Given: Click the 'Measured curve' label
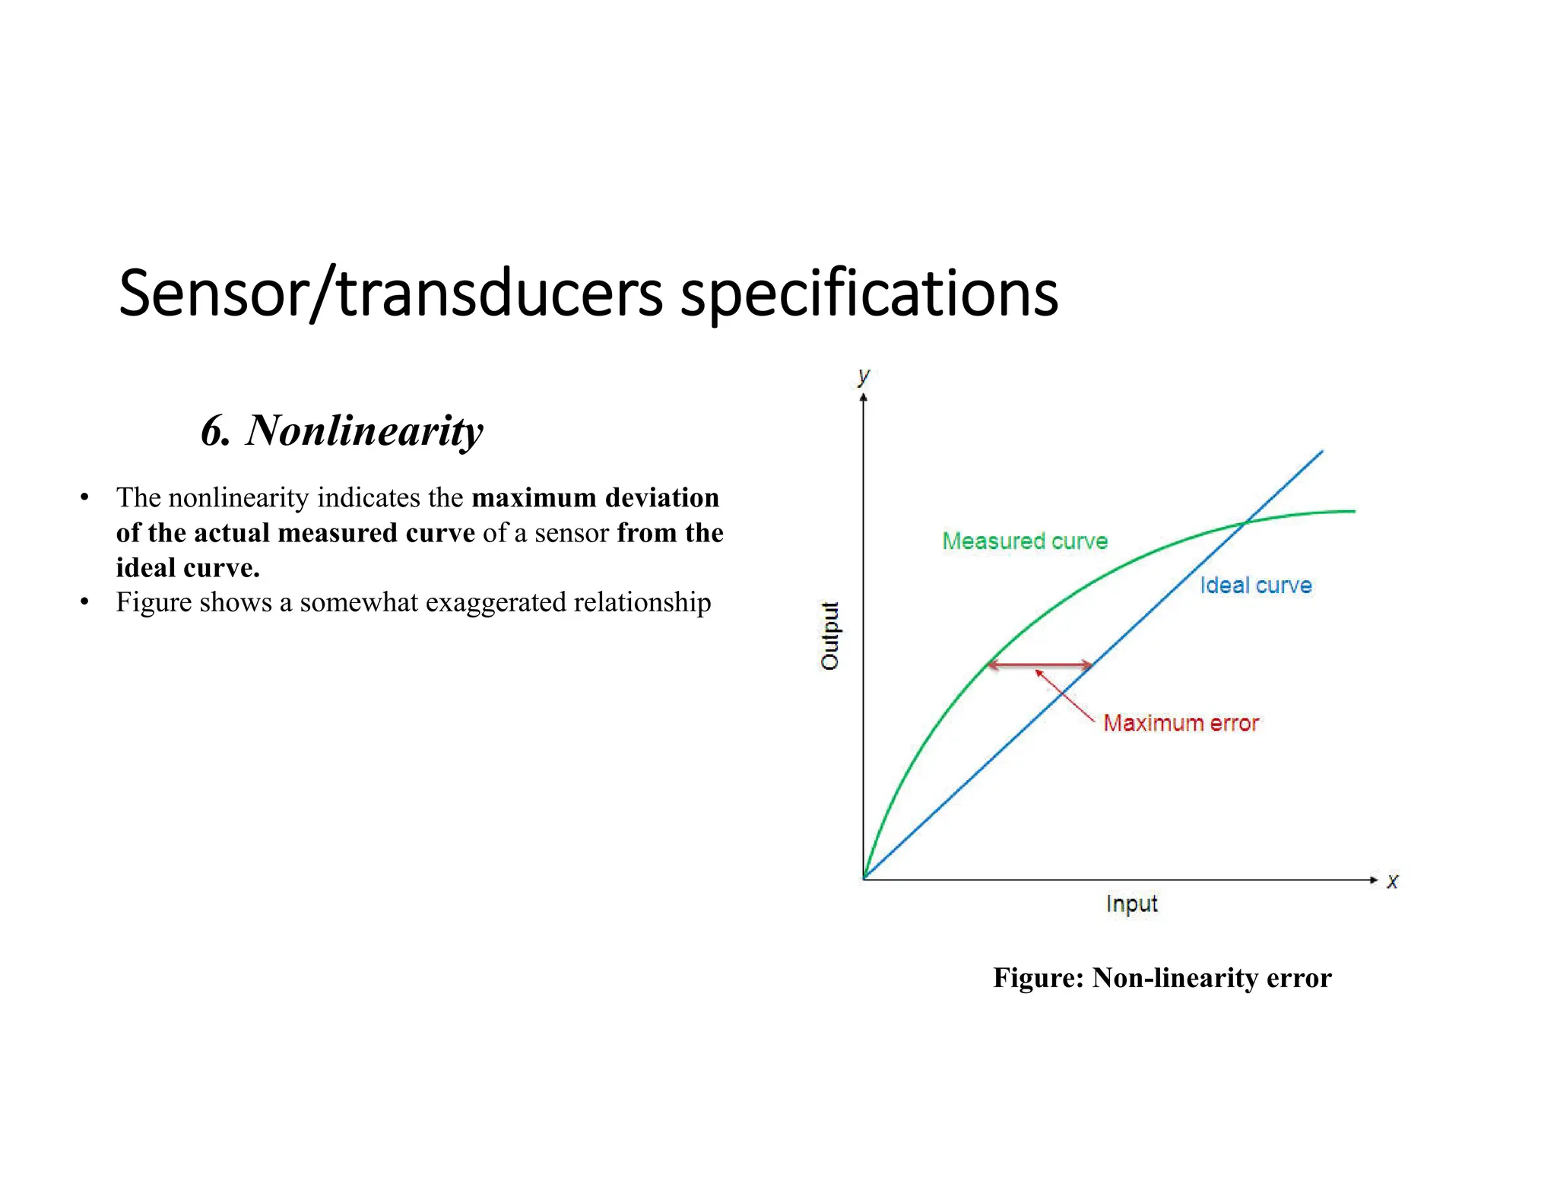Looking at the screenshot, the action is point(1025,541).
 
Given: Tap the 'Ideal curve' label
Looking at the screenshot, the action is point(1256,585).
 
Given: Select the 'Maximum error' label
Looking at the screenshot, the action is point(1181,722).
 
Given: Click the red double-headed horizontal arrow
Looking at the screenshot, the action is point(1039,665).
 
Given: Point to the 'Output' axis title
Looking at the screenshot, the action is point(829,636).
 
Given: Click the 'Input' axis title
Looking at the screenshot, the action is point(1131,903).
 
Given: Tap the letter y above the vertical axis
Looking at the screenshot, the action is point(863,376).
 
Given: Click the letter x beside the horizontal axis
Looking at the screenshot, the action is point(1392,881).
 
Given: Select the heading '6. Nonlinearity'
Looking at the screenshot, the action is point(342,430).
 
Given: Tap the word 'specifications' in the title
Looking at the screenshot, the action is point(869,294).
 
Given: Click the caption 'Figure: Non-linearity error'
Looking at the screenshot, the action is point(1162,977).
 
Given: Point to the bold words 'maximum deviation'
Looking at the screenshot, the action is point(595,497).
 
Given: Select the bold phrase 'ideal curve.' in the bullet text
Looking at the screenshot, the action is point(188,567).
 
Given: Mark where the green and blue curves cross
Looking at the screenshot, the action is point(1245,522).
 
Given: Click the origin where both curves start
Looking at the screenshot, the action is point(864,879).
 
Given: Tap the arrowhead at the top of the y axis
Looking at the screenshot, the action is point(864,398).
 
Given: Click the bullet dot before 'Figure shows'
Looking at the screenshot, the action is point(84,602).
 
